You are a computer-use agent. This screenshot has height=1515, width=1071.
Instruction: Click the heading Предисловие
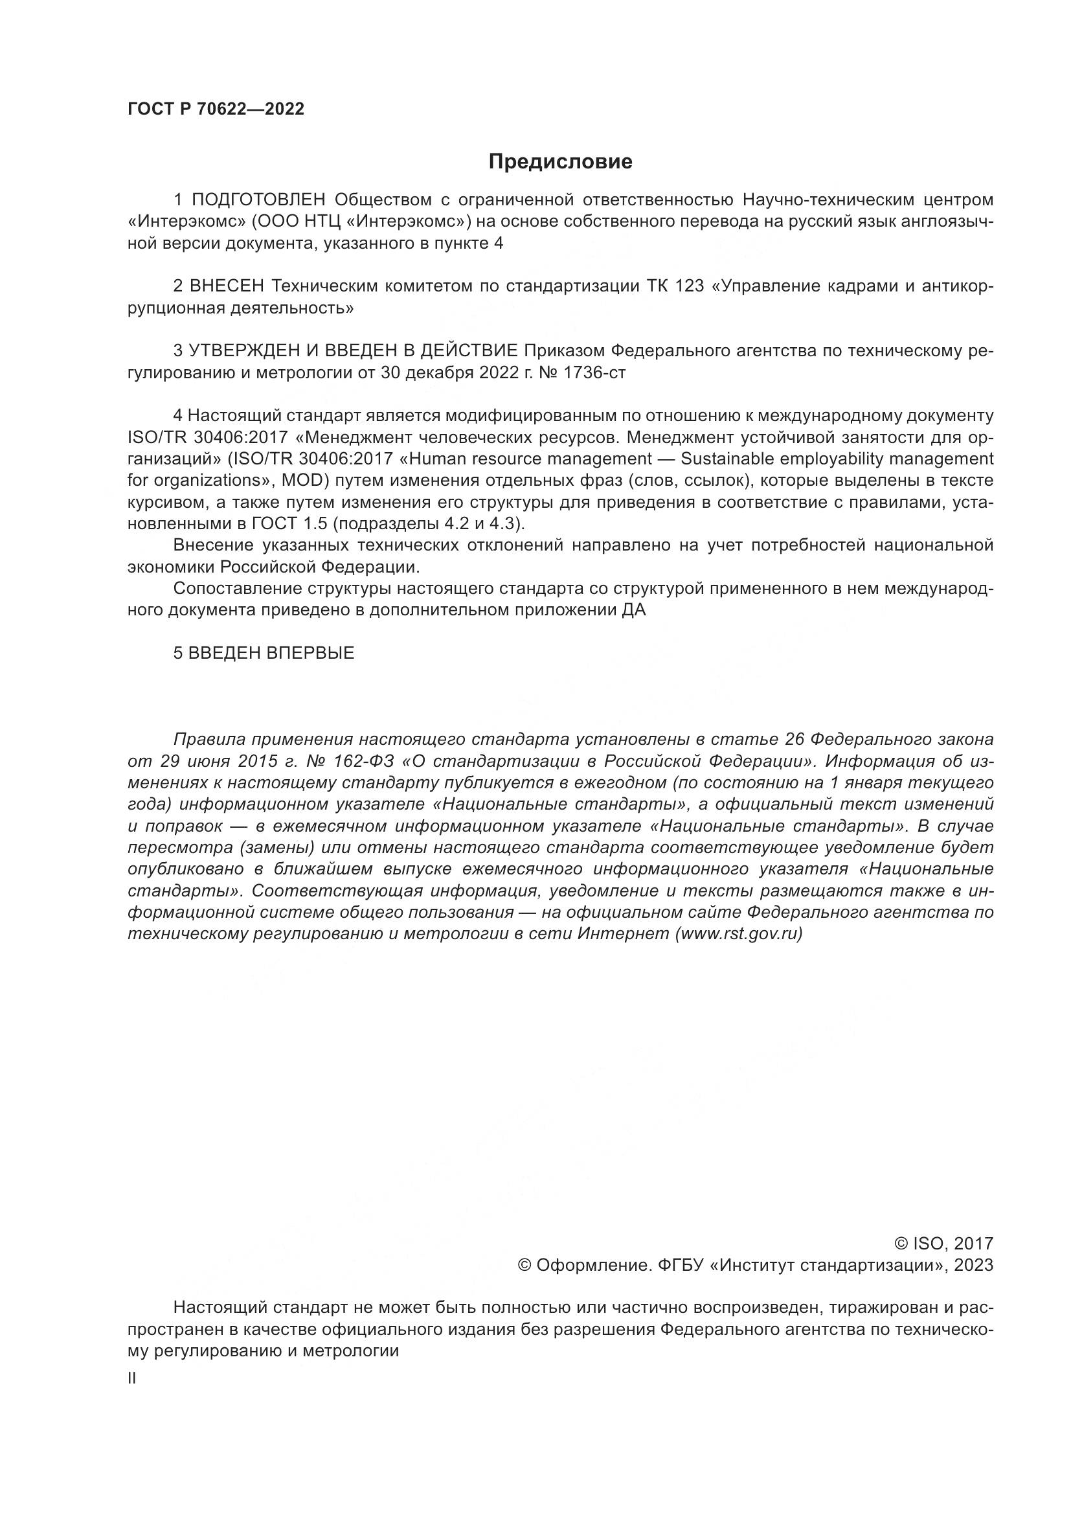point(561,162)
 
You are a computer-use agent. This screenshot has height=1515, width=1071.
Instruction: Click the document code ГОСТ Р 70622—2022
point(216,109)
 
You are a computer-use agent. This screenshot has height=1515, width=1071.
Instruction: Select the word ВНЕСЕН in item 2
point(227,286)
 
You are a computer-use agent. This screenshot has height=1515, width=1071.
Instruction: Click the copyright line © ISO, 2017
point(943,1244)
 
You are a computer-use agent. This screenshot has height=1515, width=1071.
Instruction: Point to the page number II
point(132,1378)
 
